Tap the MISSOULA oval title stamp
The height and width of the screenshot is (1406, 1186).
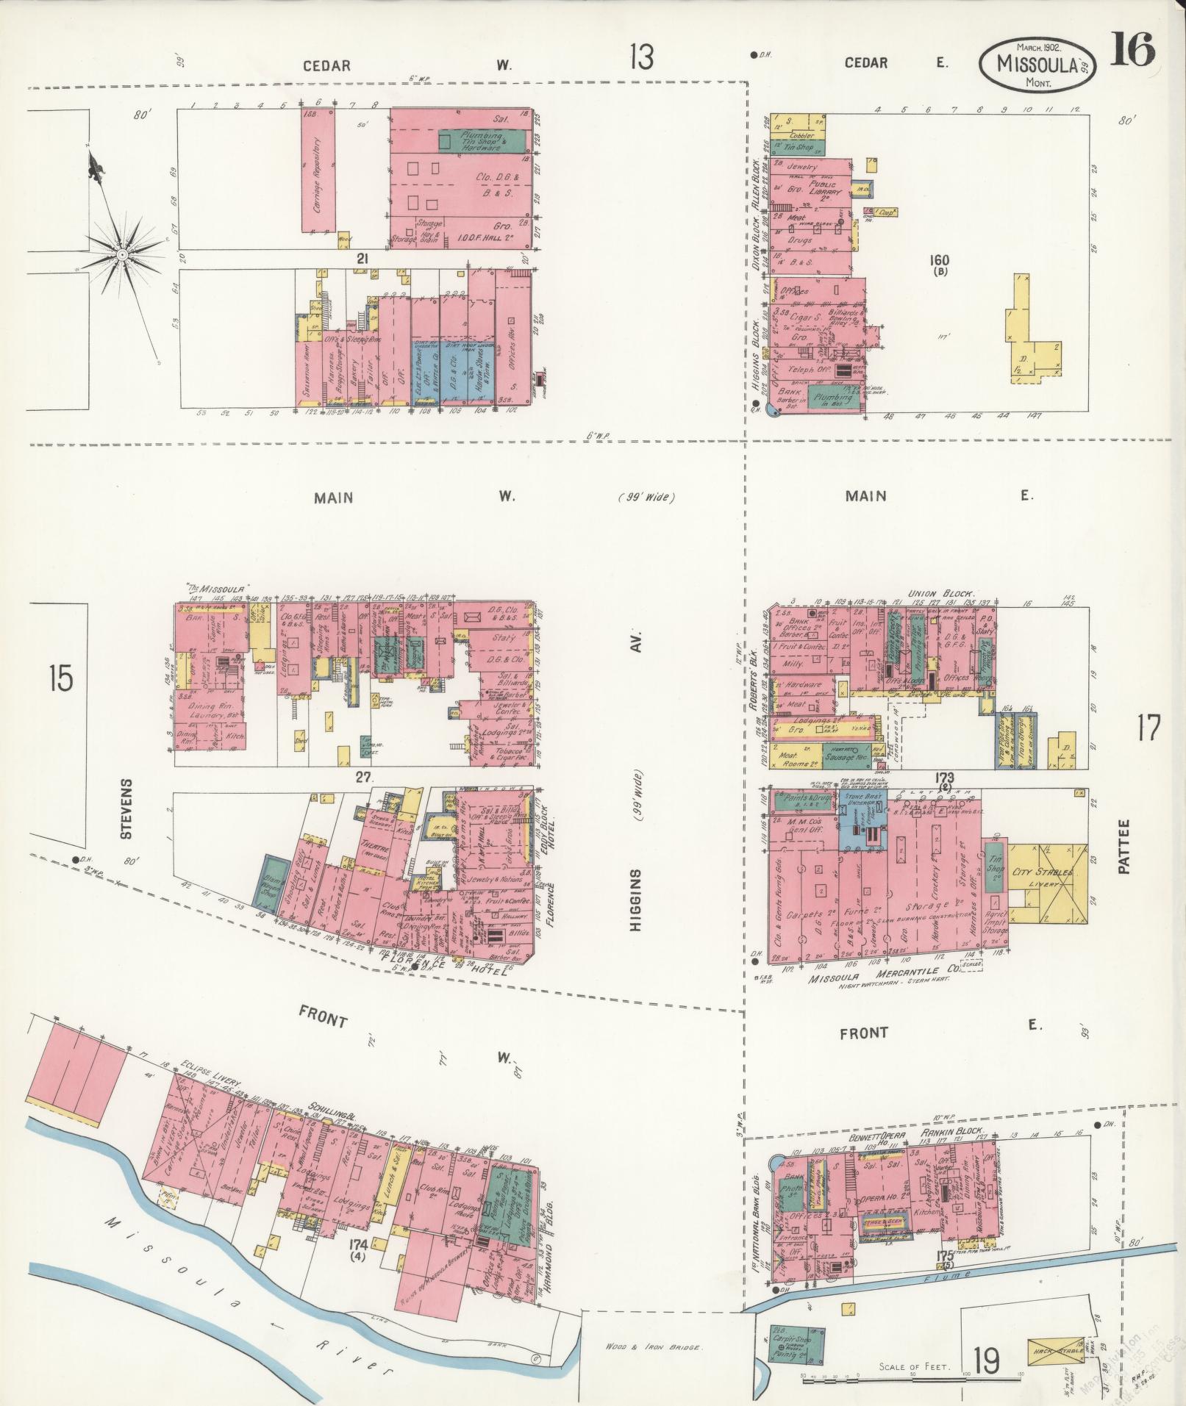1037,65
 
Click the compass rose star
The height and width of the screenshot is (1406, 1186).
123,254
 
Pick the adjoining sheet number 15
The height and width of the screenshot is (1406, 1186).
61,678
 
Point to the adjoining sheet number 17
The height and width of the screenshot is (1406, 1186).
1148,728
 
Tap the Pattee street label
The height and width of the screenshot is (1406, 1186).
1122,847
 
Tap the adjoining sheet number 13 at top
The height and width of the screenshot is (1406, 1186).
642,57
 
